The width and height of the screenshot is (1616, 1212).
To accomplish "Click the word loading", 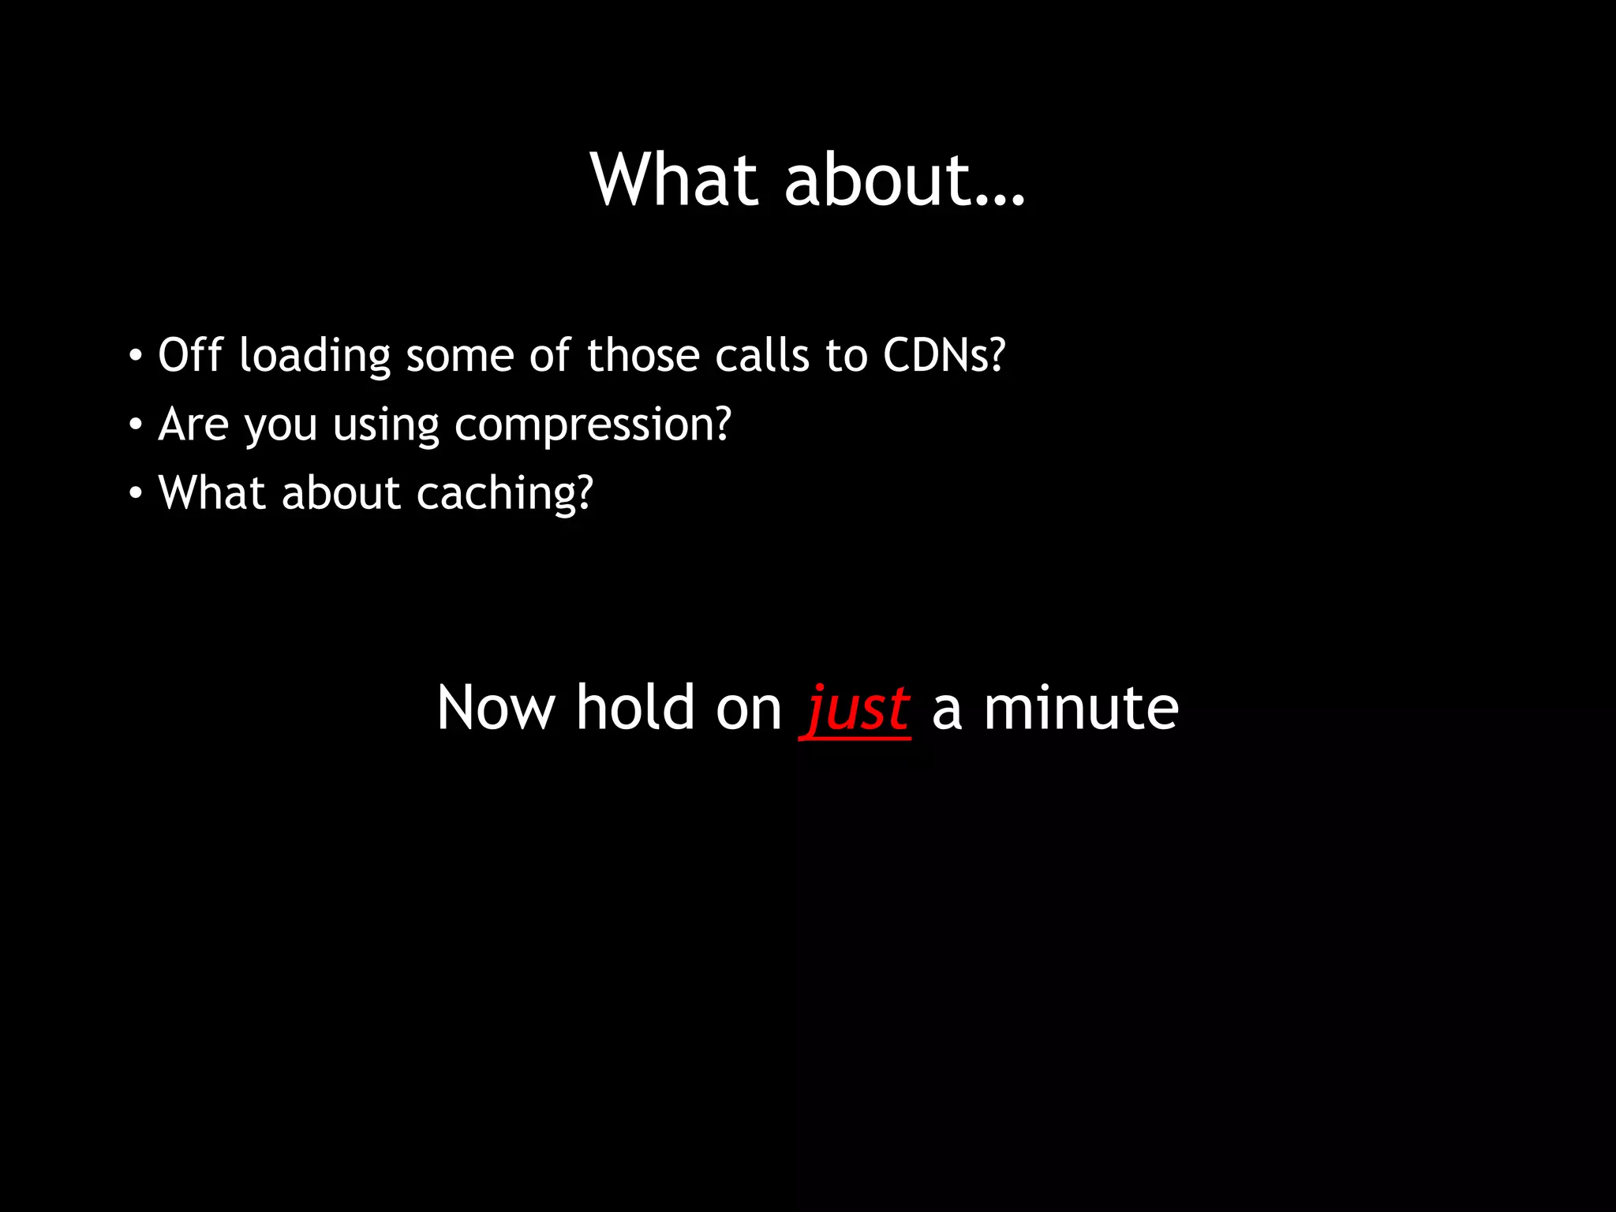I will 314,357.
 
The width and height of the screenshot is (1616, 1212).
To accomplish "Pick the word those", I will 642,355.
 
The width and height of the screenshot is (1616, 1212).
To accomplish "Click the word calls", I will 761,355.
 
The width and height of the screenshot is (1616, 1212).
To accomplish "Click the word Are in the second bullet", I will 193,425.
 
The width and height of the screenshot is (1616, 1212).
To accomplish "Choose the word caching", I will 504,494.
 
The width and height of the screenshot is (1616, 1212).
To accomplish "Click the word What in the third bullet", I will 212,493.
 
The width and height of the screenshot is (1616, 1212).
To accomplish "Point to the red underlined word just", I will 856,708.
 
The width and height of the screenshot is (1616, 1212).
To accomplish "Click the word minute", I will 1080,708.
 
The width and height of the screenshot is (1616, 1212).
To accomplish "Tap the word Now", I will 496,708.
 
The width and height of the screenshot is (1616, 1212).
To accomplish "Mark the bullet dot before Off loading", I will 136,356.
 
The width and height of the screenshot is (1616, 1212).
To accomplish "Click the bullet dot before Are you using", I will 136,425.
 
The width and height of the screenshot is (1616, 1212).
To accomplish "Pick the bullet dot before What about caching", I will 136,494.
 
